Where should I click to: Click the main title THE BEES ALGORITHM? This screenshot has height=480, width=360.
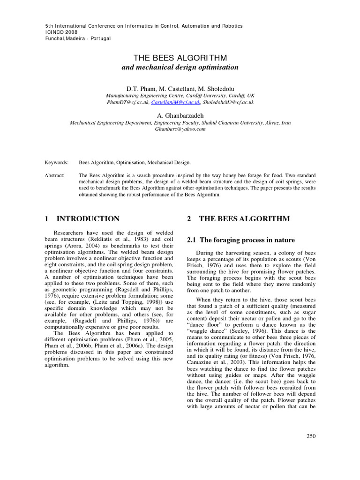[x=180, y=58]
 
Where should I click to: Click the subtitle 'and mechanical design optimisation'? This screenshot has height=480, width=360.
[x=180, y=67]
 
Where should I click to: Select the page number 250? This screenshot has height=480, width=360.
[x=311, y=436]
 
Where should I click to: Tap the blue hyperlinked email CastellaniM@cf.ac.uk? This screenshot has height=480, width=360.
[x=176, y=102]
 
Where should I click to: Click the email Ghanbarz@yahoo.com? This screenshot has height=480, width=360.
[x=180, y=129]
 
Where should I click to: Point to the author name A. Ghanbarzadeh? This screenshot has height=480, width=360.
[x=180, y=115]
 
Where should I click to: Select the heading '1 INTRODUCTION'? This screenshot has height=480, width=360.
[x=82, y=218]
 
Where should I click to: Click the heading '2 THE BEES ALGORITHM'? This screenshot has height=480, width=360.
[x=238, y=218]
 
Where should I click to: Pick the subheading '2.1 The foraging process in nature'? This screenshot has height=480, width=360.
[x=241, y=240]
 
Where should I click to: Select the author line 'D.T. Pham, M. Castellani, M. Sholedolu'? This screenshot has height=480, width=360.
[x=180, y=88]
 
